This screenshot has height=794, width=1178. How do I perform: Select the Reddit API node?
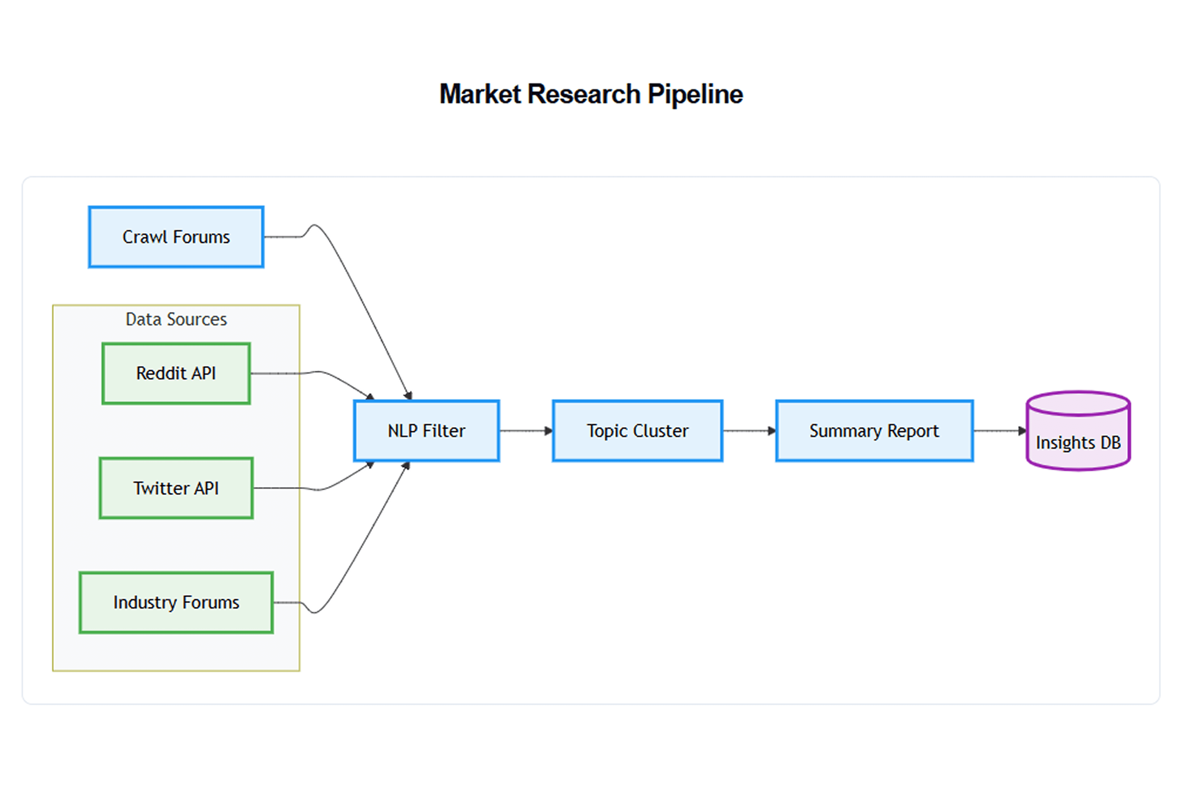176,373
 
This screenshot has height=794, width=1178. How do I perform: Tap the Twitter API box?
176,488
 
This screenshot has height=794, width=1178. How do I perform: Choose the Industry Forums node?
176,603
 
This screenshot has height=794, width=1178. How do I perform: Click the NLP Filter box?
427,431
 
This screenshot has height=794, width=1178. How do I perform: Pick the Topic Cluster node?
638,431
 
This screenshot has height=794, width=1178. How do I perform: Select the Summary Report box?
874,431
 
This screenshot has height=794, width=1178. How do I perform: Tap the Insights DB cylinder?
1078,431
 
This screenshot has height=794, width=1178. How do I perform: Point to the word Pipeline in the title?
695,94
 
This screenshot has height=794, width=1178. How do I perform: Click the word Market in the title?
480,94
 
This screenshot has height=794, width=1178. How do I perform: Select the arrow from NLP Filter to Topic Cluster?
526,431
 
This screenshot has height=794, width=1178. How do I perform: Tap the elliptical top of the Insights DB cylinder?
1078,404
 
